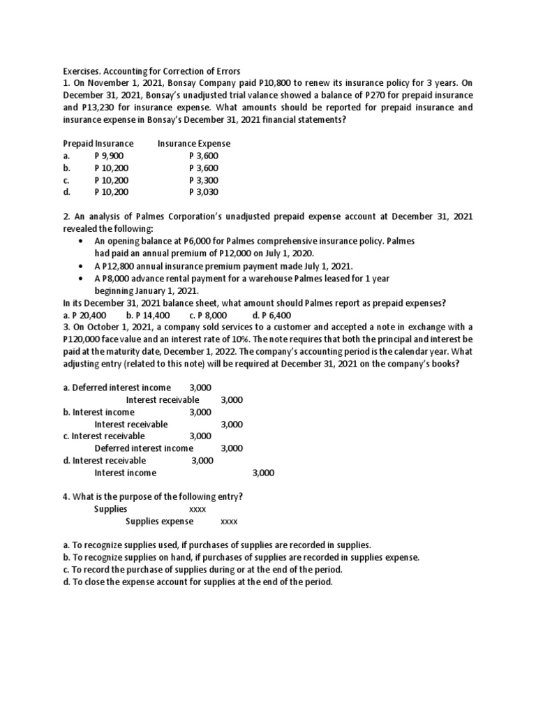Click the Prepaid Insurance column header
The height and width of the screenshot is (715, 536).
98,144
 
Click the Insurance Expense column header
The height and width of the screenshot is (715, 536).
194,144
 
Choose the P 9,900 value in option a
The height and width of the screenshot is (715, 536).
109,156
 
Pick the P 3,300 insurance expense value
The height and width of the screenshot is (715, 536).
204,180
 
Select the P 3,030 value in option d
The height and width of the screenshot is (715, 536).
204,192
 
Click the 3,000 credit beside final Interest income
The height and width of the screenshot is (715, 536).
263,473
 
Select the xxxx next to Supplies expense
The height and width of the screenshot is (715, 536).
229,522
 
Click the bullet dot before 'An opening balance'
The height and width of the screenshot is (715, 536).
83,242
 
